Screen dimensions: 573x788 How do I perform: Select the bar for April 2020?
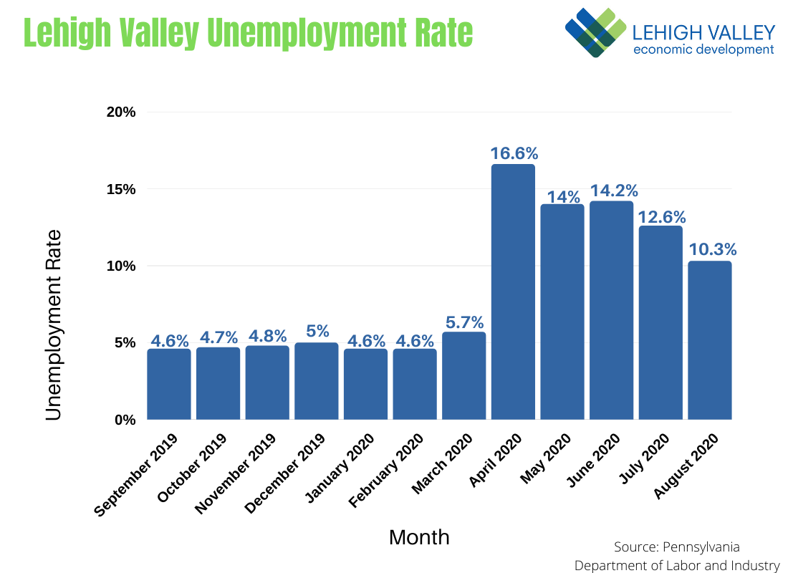tap(513, 292)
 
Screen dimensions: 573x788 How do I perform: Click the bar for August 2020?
tap(709, 340)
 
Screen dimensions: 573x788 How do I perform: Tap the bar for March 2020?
tap(463, 376)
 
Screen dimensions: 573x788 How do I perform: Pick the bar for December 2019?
tap(316, 381)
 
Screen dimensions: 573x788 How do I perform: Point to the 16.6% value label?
tap(514, 153)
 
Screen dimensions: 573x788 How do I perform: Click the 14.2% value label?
tap(614, 191)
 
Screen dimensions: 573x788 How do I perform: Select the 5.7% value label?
tap(463, 322)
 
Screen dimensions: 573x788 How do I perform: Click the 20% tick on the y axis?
tap(122, 112)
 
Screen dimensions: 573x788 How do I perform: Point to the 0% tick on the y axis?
tap(125, 420)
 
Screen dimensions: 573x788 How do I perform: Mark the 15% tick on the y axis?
tap(122, 189)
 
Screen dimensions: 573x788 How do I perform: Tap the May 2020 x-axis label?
tap(547, 458)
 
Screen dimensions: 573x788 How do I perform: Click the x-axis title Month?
tap(419, 537)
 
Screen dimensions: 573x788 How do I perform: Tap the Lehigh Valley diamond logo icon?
tap(594, 32)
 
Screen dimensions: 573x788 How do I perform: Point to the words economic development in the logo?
tap(703, 49)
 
